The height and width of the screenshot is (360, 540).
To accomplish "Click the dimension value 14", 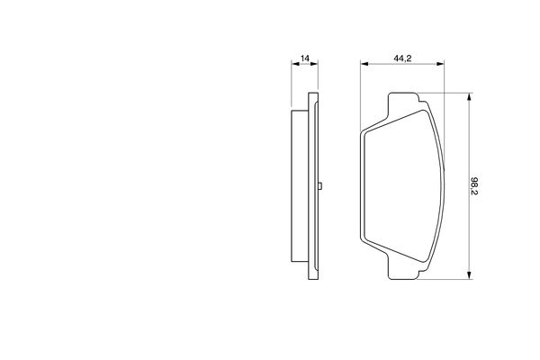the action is pos(305,58).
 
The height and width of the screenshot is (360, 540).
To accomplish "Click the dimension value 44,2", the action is pos(402,58).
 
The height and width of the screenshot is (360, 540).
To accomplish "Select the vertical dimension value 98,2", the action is pos(474,185).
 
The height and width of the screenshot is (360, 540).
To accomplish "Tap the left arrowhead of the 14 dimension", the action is pos(295,64).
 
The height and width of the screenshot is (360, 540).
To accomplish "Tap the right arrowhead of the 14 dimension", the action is pos(314,64).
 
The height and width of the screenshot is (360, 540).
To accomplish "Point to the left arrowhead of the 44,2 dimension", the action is pos(364,64).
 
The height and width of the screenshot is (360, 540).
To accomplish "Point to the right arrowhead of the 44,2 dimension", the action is pos(440,64).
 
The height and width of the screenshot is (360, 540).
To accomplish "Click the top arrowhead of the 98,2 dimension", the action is pos(469,97).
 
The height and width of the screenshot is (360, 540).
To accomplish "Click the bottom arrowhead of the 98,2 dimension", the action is pos(469,274).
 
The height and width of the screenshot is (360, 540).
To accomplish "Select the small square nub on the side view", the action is pos(319,186).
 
